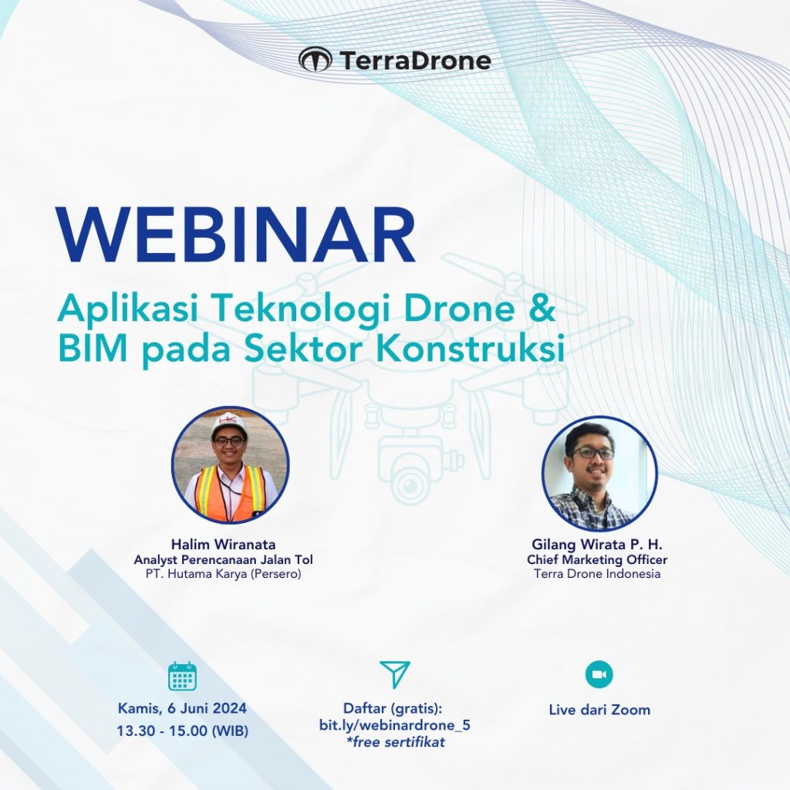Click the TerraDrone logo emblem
pos(316,59)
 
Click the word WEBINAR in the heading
pos(236,235)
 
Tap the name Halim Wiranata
pos(223,544)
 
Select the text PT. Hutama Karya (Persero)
pos(223,573)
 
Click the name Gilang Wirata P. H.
pos(597,544)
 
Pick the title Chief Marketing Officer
pos(597,559)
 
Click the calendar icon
pos(182,676)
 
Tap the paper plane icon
pos(395,674)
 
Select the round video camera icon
pos(599,674)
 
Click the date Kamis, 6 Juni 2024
pos(182,708)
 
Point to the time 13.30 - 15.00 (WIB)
pos(182,731)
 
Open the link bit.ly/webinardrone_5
pos(395,725)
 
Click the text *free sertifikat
pos(396,741)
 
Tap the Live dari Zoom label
pos(599,710)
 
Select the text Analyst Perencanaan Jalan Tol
pos(223,559)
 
